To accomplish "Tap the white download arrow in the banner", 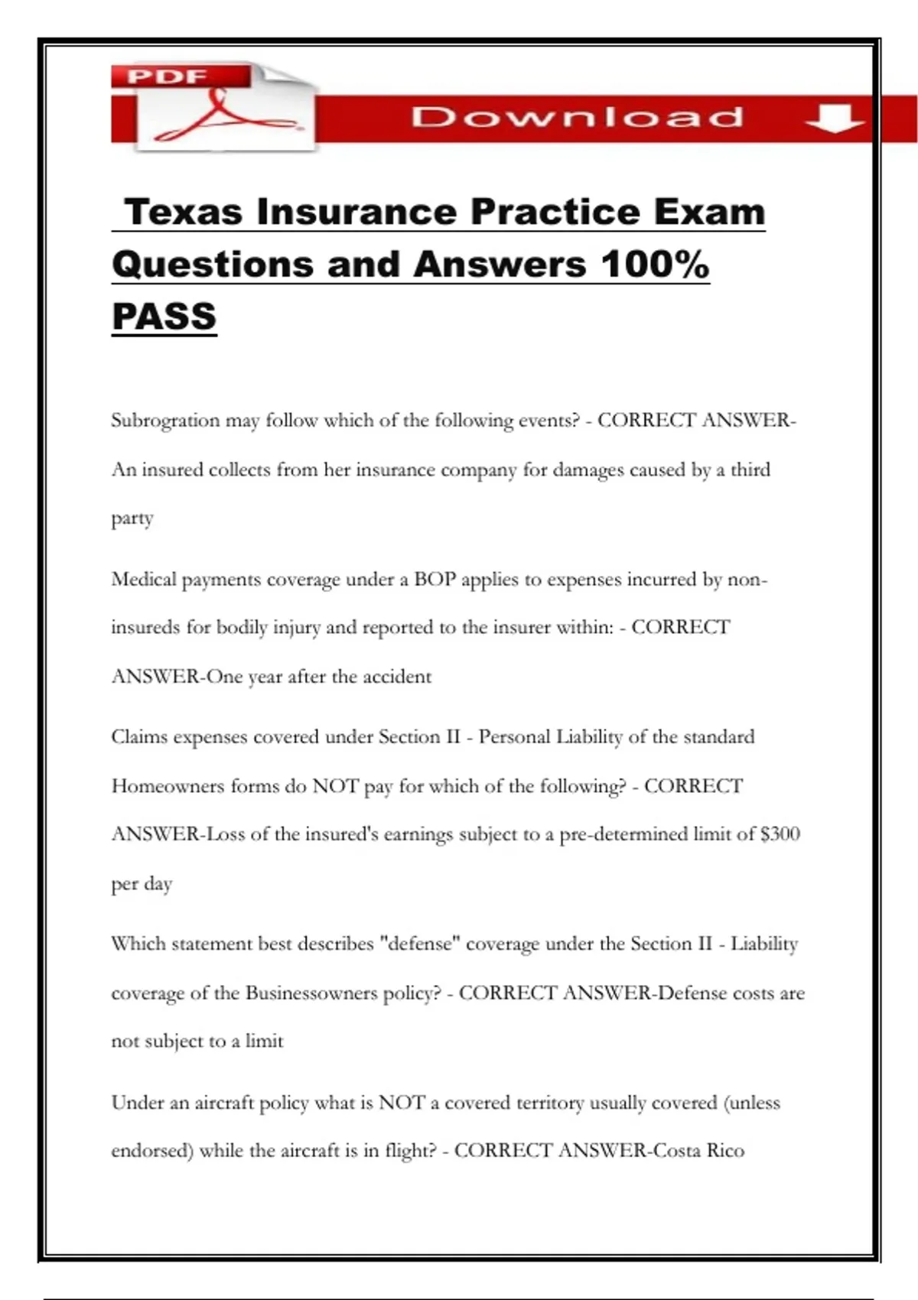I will [x=834, y=119].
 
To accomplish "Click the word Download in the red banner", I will [x=577, y=118].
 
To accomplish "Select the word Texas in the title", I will [x=183, y=212].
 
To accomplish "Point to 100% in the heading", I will [x=655, y=265].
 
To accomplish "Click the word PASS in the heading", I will [x=164, y=317].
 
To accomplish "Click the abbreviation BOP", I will [x=435, y=579].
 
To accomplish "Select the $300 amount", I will [x=780, y=834].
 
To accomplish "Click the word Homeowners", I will [x=168, y=786].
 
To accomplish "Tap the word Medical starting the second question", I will [x=144, y=579].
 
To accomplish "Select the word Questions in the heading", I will [x=213, y=265].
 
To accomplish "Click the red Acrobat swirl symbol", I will [x=222, y=115].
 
